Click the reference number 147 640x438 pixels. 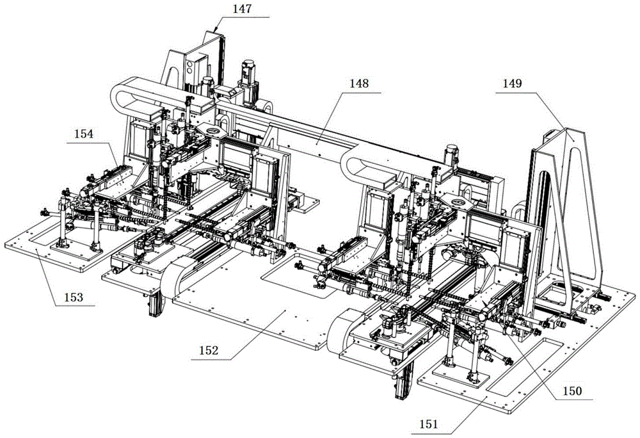(x=243, y=9)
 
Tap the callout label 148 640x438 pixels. (x=359, y=83)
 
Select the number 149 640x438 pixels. (x=512, y=83)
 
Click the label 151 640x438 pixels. (x=428, y=424)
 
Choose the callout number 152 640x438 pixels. (x=209, y=350)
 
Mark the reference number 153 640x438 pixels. (x=74, y=296)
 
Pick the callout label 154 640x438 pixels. (x=84, y=133)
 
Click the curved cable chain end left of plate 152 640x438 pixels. (x=172, y=278)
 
